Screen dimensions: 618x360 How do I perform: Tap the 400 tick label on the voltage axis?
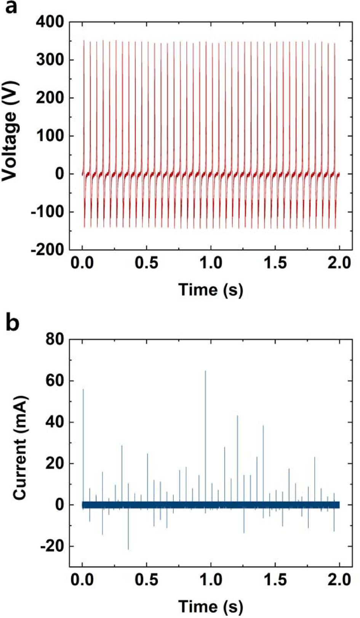pyautogui.click(x=50, y=22)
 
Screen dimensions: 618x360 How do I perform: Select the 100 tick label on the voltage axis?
pyautogui.click(x=50, y=136)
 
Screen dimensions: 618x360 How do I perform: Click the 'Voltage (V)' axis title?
pyautogui.click(x=11, y=145)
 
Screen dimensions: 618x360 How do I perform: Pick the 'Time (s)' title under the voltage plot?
pyautogui.click(x=210, y=290)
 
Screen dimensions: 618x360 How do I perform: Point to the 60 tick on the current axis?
pyautogui.click(x=56, y=380)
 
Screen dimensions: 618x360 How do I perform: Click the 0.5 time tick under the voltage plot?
pyautogui.click(x=147, y=263)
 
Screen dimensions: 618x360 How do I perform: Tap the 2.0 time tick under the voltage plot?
pyautogui.click(x=339, y=263)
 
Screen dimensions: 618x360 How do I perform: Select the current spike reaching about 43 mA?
pyautogui.click(x=238, y=417)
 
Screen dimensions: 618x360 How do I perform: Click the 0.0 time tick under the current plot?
pyautogui.click(x=82, y=580)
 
